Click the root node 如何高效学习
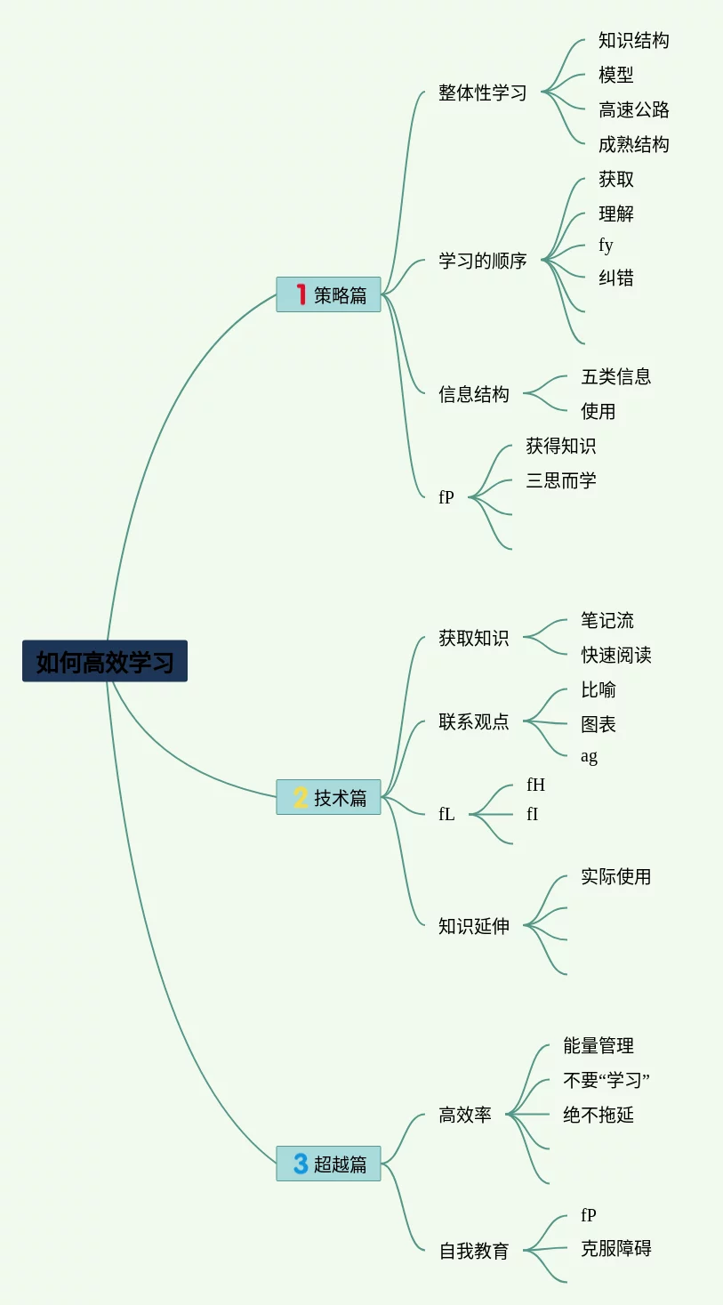tap(105, 661)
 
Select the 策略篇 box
tap(328, 294)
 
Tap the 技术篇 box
tap(328, 797)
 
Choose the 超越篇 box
tap(328, 1164)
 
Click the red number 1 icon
tap(301, 294)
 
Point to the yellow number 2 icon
tap(301, 797)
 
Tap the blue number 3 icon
tap(301, 1164)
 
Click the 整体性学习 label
tap(482, 93)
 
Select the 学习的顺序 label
tap(482, 261)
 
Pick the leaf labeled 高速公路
tap(633, 109)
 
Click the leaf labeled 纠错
tap(615, 278)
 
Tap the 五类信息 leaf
tap(615, 376)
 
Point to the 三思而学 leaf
tap(560, 480)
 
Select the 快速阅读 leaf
tap(615, 655)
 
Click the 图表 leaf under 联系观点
tap(598, 724)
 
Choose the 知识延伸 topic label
tap(473, 926)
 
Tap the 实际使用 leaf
tap(615, 876)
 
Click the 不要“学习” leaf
tap(607, 1080)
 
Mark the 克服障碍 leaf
tap(615, 1248)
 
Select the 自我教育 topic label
tap(473, 1251)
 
